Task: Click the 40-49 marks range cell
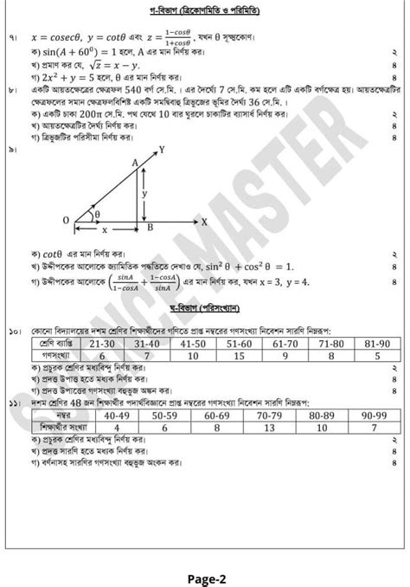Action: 117,415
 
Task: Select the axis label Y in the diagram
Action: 161,150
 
